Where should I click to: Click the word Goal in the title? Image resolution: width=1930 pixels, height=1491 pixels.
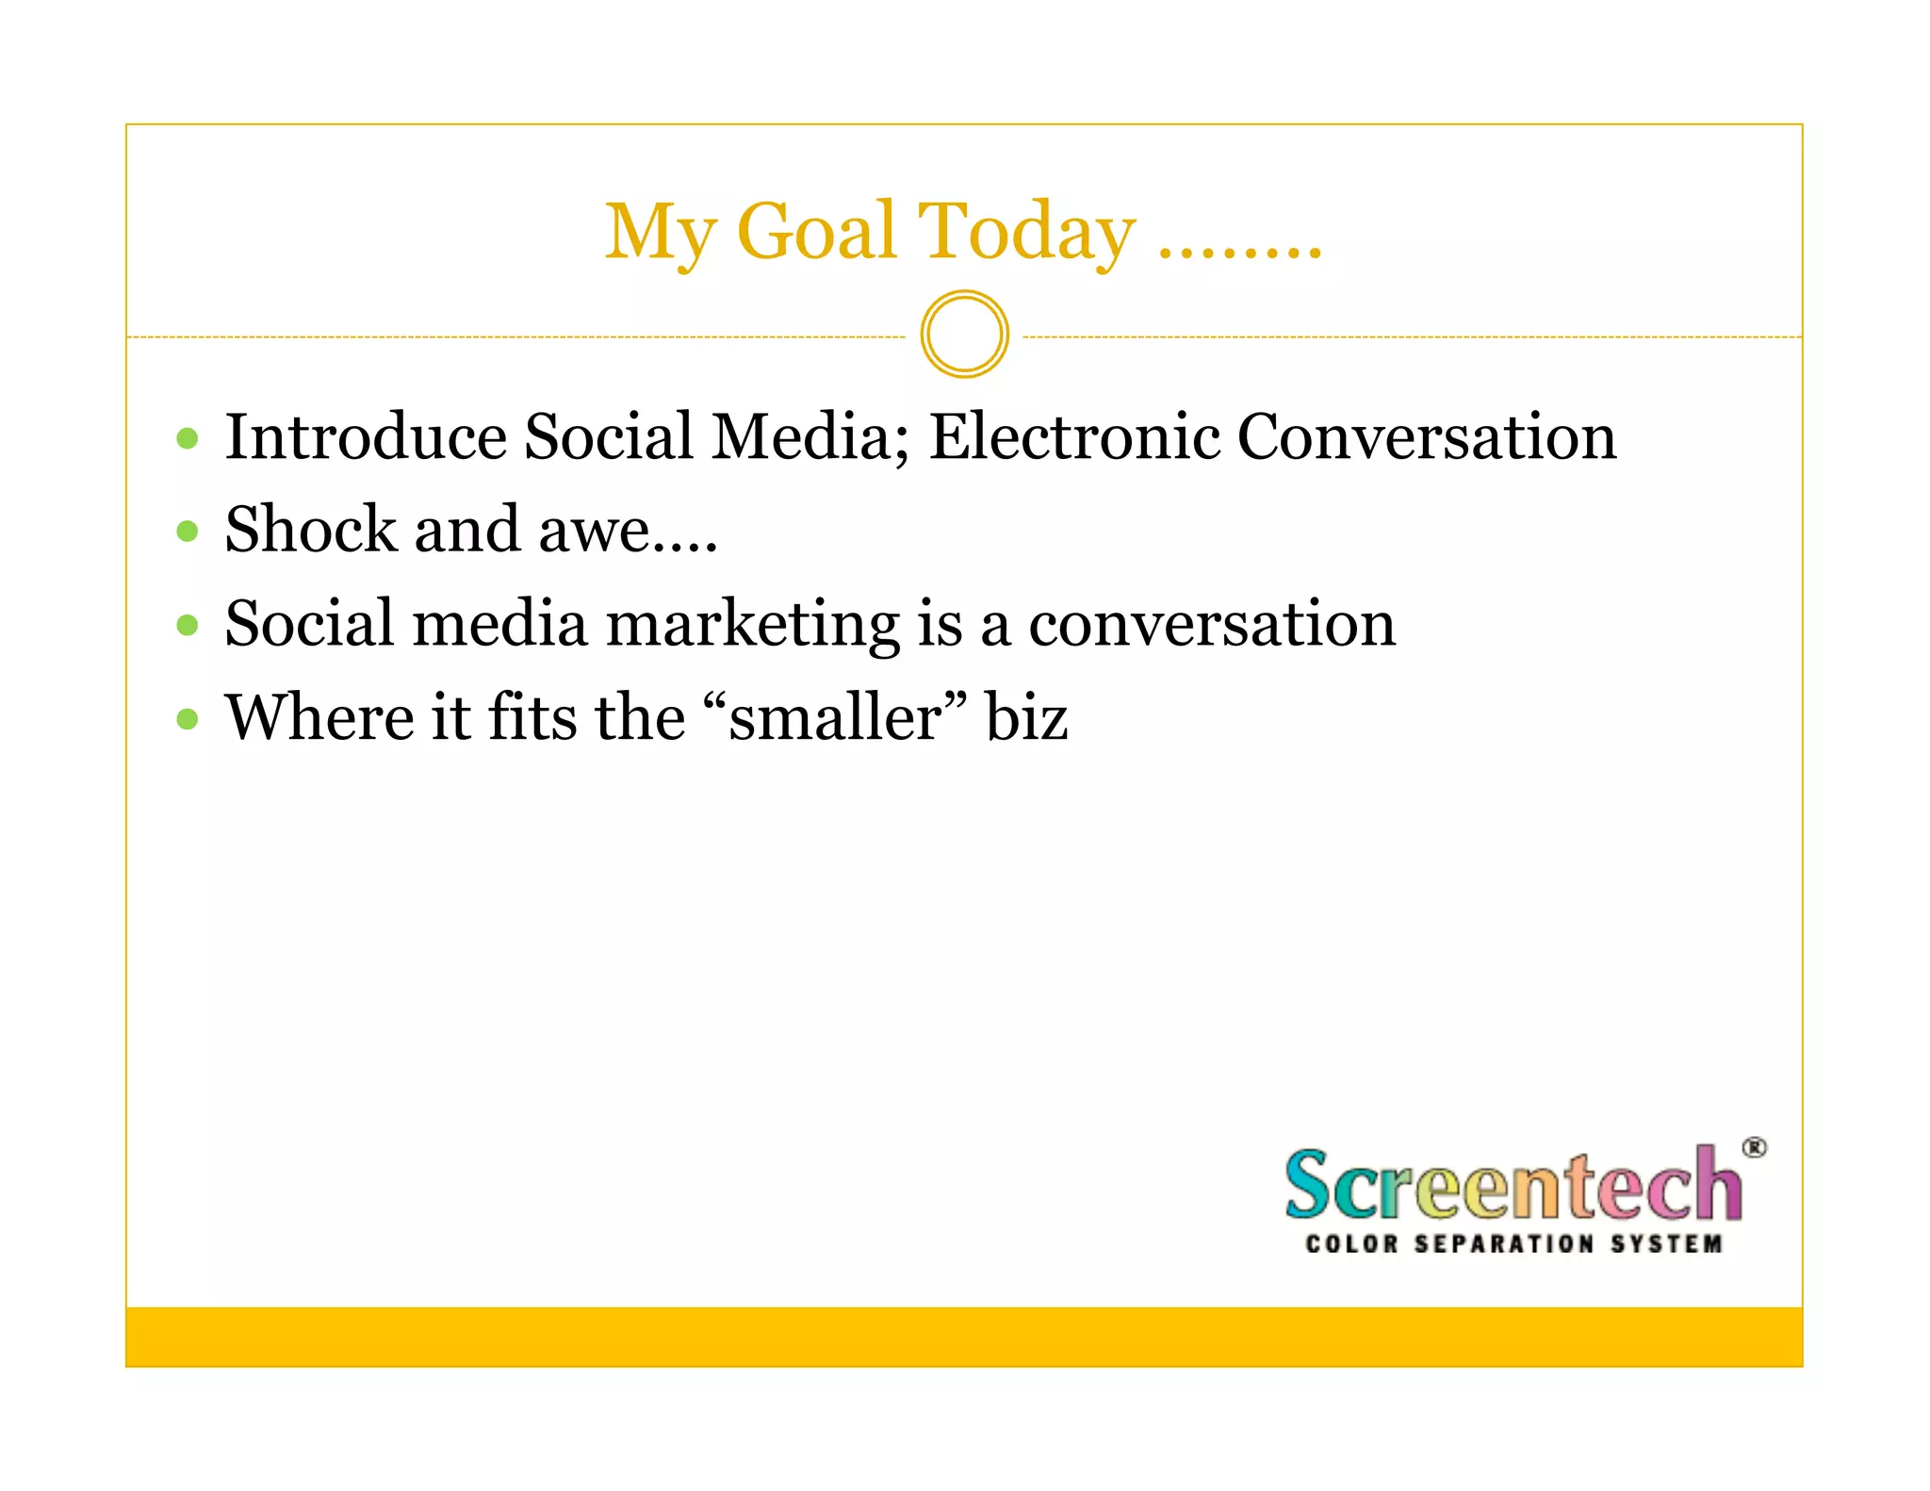pyautogui.click(x=815, y=232)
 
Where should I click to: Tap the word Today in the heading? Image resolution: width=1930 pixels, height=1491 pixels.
pyautogui.click(x=1026, y=234)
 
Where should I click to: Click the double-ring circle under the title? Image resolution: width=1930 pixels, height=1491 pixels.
pyautogui.click(x=964, y=335)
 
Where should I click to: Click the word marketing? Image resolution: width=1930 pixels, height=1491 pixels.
pyautogui.click(x=752, y=626)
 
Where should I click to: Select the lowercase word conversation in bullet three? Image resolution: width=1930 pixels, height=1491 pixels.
pyautogui.click(x=1211, y=624)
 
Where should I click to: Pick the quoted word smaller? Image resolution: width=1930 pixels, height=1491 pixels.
pyautogui.click(x=835, y=717)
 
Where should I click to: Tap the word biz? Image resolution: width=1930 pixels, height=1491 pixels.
pyautogui.click(x=1026, y=717)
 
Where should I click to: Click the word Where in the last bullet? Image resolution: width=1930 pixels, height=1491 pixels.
pyautogui.click(x=319, y=717)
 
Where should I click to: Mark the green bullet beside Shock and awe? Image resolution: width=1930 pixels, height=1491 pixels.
pyautogui.click(x=188, y=532)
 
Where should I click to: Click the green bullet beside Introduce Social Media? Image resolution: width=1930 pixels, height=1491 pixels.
pyautogui.click(x=188, y=438)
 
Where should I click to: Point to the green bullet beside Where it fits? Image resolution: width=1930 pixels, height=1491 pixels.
pyautogui.click(x=188, y=719)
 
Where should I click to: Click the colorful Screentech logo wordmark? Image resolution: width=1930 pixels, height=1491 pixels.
pyautogui.click(x=1513, y=1185)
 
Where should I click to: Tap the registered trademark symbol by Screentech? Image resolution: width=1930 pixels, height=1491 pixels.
pyautogui.click(x=1753, y=1148)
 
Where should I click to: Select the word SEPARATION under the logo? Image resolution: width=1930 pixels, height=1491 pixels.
pyautogui.click(x=1504, y=1244)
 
